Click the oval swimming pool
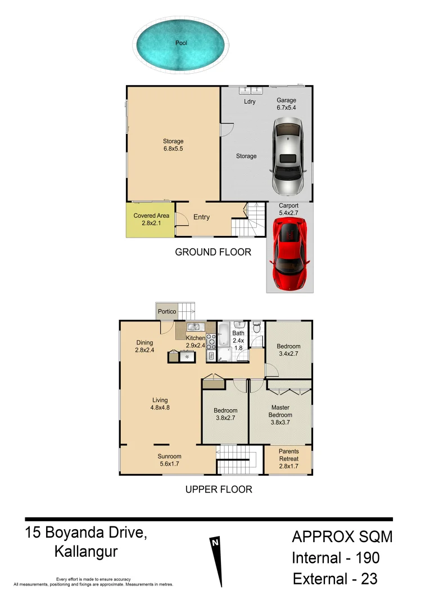(180, 43)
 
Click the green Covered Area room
(151, 220)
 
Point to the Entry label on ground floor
(201, 217)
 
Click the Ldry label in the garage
(250, 102)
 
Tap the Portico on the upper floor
(166, 311)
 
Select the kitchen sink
(195, 327)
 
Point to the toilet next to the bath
(257, 327)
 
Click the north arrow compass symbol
(215, 558)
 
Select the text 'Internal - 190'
(335, 558)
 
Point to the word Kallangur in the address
(85, 552)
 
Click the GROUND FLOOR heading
(213, 252)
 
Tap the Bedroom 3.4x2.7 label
(288, 350)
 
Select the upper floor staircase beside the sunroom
(237, 460)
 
